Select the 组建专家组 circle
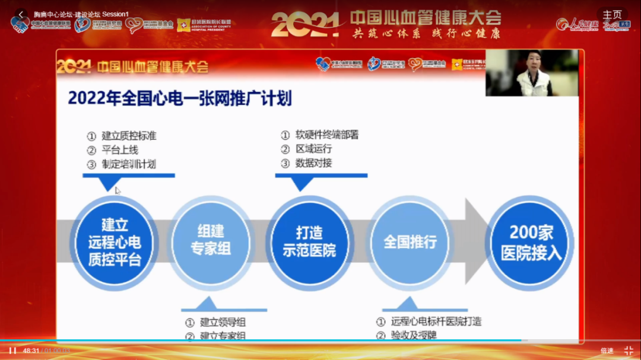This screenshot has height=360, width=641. click(211, 242)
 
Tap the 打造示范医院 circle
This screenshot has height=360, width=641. click(309, 242)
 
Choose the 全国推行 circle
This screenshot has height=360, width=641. click(410, 242)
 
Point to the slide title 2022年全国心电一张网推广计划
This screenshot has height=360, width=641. click(180, 98)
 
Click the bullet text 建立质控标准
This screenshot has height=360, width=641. click(129, 136)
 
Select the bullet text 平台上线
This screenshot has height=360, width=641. click(120, 150)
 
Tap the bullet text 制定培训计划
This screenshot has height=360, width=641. click(129, 164)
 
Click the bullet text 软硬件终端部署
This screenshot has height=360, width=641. click(327, 135)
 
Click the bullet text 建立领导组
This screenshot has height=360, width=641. click(223, 323)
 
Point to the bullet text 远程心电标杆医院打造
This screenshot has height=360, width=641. click(436, 321)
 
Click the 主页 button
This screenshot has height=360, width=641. click(613, 15)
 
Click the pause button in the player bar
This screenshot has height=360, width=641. click(12, 351)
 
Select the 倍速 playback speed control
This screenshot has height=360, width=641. click(607, 351)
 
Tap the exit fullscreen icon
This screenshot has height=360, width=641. click(629, 351)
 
